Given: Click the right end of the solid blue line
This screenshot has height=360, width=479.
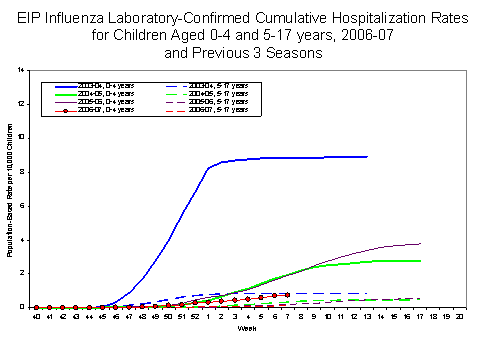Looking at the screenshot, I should (x=367, y=157).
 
